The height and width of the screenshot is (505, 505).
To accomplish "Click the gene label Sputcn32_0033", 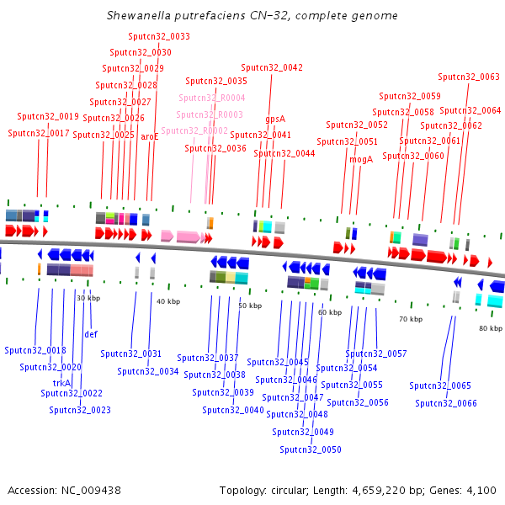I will tap(159, 37).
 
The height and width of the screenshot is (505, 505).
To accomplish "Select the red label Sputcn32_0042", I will tap(272, 67).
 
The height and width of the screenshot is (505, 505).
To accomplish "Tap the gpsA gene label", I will tap(275, 119).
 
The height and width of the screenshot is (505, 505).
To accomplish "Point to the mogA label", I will tap(360, 158).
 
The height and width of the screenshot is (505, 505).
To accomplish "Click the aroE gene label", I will tap(149, 136).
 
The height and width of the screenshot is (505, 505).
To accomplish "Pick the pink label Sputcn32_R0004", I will tap(211, 98).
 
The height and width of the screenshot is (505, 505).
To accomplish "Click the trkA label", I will tap(61, 383).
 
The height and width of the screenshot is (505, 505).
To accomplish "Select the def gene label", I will tap(91, 334).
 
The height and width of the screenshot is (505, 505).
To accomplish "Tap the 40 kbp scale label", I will tap(168, 301).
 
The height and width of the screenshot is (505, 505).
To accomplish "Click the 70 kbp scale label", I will tap(411, 319).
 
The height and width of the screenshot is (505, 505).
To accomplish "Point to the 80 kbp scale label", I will tap(490, 328).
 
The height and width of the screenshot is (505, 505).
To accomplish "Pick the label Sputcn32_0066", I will tap(446, 403).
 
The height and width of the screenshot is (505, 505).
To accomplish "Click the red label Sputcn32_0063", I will tap(469, 77).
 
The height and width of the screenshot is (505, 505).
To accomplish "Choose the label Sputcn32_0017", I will tap(39, 133).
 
